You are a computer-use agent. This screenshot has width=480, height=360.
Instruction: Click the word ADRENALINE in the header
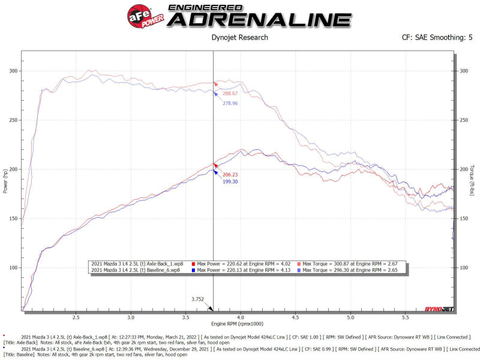tap(259, 19)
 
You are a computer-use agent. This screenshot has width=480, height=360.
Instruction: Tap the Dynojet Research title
tap(240, 38)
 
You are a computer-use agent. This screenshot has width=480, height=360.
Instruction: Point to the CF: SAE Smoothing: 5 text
tap(437, 38)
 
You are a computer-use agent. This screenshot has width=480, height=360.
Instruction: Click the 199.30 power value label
tap(230, 181)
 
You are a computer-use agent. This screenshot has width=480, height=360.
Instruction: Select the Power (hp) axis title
tap(6, 181)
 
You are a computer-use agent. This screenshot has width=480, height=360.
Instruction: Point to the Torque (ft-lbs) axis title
tap(474, 181)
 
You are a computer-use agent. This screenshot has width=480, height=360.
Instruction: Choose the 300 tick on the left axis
tap(13, 71)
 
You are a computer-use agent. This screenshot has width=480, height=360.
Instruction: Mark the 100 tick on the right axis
tap(463, 268)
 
